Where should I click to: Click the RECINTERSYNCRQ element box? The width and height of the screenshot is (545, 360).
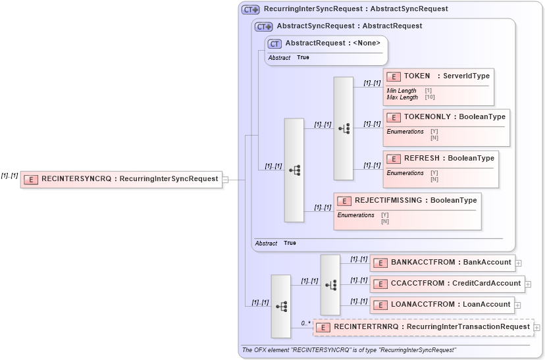pos(122,179)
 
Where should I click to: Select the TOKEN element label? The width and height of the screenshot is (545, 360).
pos(417,76)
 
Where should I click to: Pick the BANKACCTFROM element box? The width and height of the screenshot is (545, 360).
pos(442,263)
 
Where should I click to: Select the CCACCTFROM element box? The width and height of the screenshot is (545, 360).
pos(446,284)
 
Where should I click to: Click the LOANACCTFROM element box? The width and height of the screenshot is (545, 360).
pos(442,305)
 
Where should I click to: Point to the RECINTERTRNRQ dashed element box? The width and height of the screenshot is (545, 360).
pos(423,327)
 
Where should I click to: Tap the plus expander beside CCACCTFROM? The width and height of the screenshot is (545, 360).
pos(528,284)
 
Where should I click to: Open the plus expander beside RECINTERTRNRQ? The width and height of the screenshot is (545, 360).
pos(537,327)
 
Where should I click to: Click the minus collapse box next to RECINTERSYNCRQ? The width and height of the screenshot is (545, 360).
pos(226,179)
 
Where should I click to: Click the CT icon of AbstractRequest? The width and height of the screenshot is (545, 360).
pos(274,43)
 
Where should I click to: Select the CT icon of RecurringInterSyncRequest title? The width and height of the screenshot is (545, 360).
pos(250,9)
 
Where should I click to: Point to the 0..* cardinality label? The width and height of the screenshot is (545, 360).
pos(306,323)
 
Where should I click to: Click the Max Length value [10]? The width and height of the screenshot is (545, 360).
pos(429,97)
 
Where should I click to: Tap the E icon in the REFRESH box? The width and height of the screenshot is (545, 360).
pos(394,159)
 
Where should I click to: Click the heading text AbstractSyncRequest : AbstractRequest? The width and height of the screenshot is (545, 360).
pos(349,26)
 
